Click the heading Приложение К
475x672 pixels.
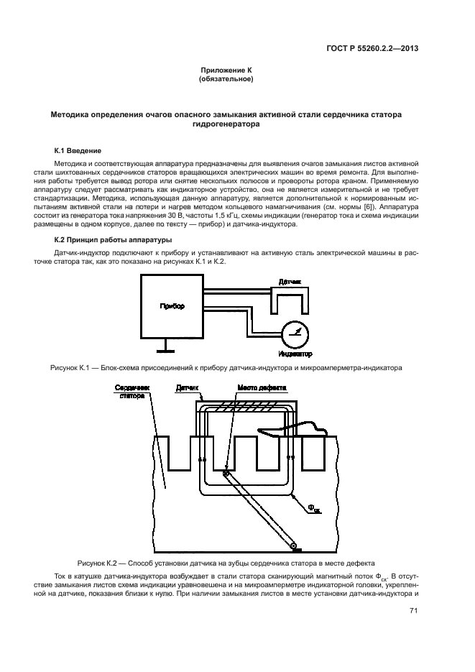click(226, 70)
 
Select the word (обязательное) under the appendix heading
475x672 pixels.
click(226, 78)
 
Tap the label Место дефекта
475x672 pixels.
click(262, 387)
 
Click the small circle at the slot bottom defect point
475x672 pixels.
click(226, 474)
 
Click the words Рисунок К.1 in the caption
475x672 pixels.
click(69, 368)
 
